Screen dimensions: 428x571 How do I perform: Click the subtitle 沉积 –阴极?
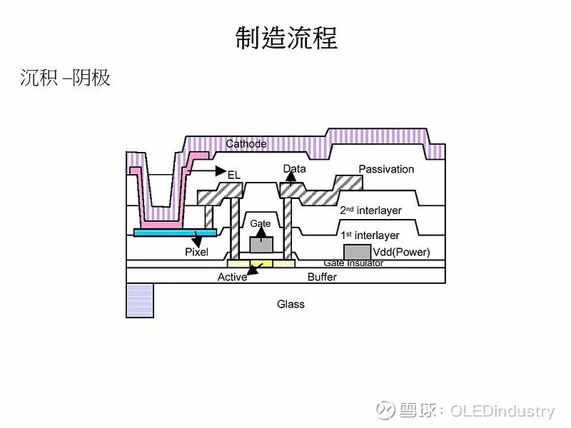click(65, 78)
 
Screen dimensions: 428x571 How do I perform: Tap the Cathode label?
click(246, 144)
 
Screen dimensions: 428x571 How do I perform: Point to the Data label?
click(294, 169)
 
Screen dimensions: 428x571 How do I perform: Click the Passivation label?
click(386, 169)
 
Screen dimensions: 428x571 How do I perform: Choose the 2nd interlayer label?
click(370, 210)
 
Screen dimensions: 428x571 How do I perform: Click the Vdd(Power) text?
click(401, 253)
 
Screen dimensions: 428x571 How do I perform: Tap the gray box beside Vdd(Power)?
click(357, 252)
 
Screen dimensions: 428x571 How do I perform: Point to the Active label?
click(232, 277)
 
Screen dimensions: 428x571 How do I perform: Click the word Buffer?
click(322, 277)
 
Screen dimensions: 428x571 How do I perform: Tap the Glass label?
click(290, 304)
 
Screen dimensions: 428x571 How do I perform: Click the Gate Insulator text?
click(353, 263)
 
